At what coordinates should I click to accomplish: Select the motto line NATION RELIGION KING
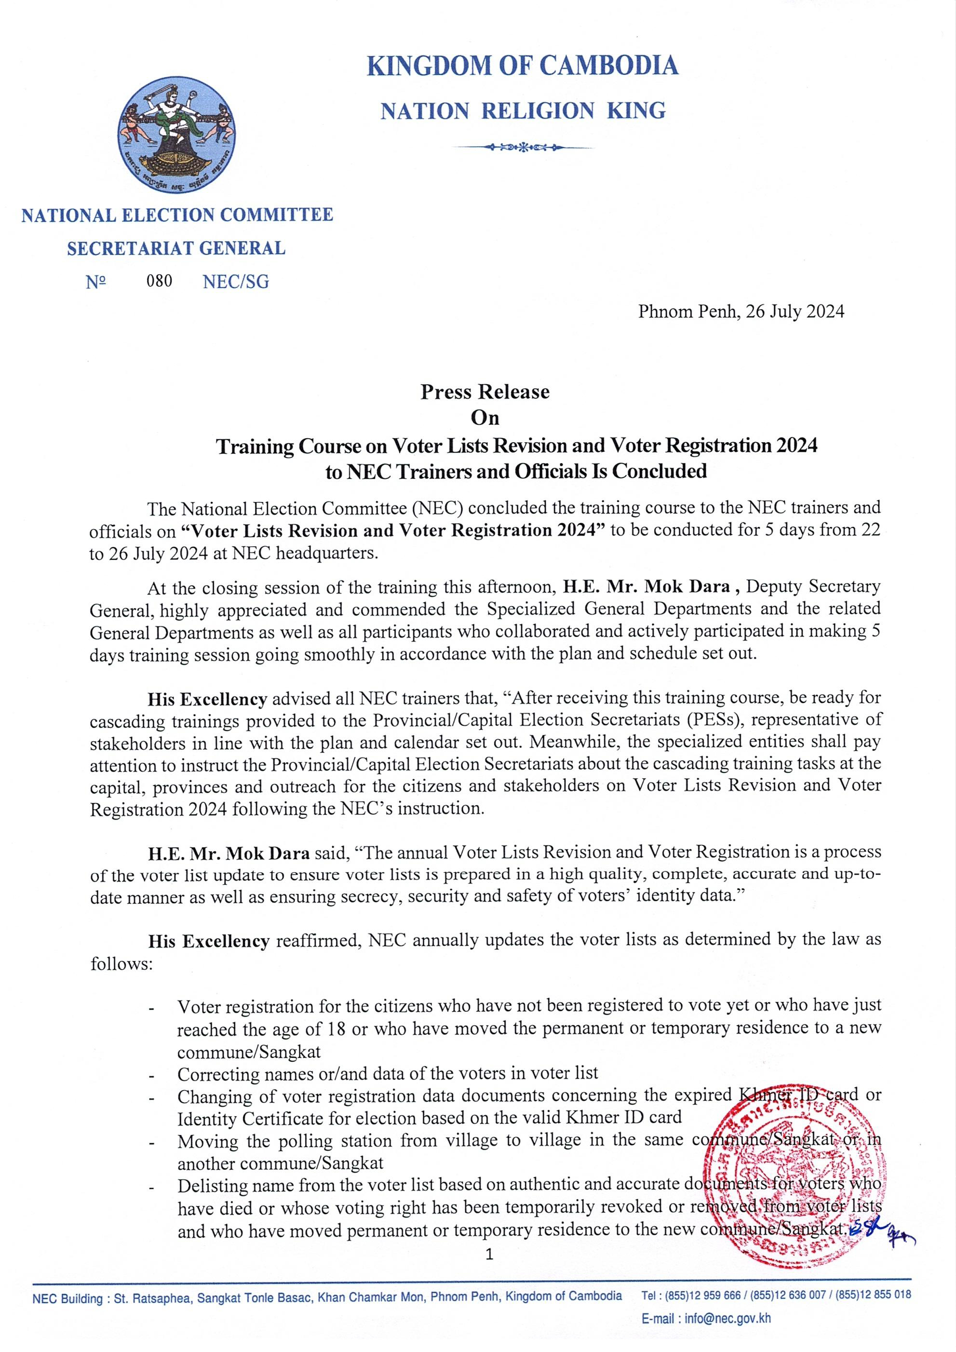pos(523,111)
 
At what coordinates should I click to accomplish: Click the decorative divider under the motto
pos(522,147)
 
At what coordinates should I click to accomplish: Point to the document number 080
pos(160,281)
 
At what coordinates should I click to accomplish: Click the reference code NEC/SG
pos(235,282)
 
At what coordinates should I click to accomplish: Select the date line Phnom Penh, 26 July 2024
pos(741,311)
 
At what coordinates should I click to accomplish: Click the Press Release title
pos(485,392)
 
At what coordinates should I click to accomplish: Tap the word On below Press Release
pos(485,418)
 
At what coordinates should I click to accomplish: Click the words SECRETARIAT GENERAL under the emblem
pos(176,248)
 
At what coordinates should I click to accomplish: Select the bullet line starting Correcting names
pos(387,1073)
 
